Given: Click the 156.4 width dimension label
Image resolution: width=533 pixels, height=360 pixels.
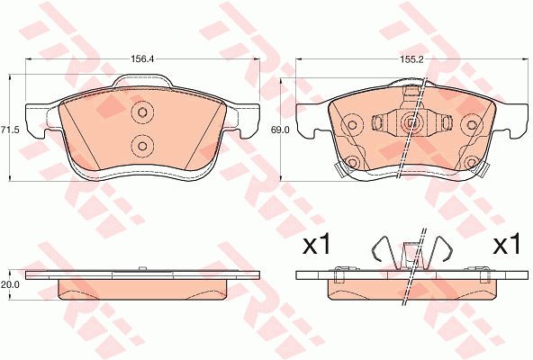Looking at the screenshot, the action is point(143,58).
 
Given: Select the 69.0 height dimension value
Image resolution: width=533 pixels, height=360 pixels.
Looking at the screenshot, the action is point(280,130).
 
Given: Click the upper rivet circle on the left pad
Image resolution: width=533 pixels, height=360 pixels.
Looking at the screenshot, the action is point(142,112).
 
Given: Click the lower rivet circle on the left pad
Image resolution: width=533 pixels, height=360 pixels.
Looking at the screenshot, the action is point(142,146).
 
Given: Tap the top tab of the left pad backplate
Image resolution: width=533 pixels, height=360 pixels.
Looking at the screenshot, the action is point(143,81).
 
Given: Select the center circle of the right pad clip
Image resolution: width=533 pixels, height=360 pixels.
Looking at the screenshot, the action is point(411,122).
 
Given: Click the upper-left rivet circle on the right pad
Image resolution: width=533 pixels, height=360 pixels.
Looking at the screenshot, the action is point(352,125).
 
